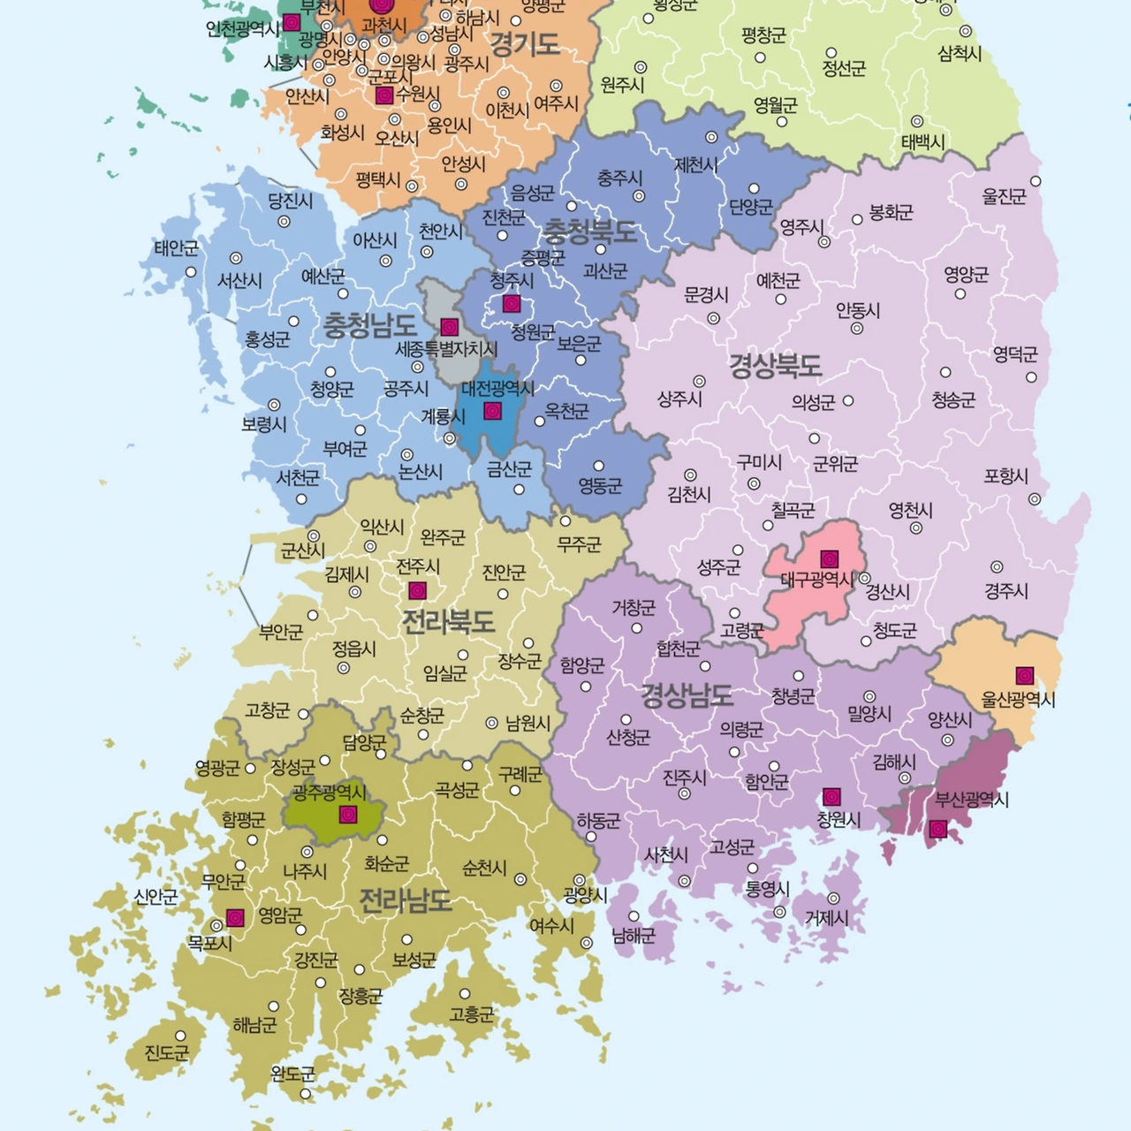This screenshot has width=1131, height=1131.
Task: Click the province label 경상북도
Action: [775, 365]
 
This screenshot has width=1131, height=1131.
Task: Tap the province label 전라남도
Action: [405, 900]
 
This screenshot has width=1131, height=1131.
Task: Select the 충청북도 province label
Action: [589, 232]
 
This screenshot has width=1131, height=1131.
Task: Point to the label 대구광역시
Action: [817, 580]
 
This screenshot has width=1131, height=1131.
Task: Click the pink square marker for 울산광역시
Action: [1024, 676]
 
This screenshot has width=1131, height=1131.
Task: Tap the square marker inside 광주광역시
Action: [348, 813]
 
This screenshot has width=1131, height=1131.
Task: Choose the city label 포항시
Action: [1006, 477]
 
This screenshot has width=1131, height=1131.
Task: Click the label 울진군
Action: [1005, 196]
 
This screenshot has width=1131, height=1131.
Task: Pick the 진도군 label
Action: [167, 1052]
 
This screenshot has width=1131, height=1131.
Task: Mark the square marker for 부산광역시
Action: [938, 829]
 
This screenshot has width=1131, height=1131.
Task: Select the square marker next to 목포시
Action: [235, 918]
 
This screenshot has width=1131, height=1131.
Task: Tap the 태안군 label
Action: [177, 248]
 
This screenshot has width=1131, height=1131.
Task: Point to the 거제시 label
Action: [826, 919]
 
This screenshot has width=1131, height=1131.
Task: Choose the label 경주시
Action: [1006, 591]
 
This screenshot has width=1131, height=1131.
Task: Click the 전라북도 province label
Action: [448, 621]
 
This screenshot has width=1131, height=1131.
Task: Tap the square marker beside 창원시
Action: [831, 796]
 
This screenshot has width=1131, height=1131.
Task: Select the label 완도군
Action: [292, 1074]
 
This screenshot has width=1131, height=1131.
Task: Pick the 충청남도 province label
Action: [369, 326]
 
